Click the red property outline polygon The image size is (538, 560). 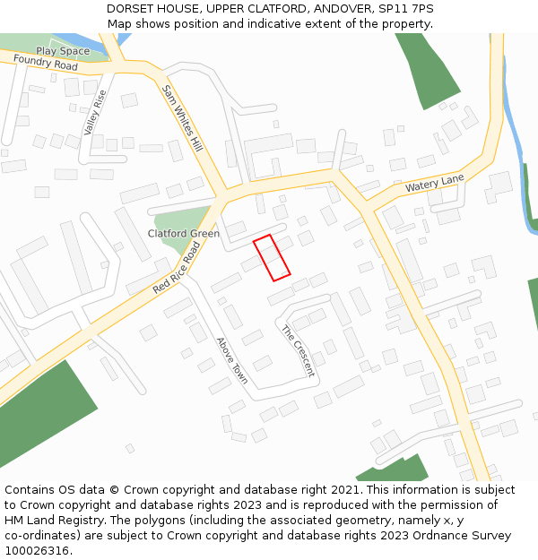click(272, 258)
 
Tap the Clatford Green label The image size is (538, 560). click(183, 234)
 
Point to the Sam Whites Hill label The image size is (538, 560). click(183, 117)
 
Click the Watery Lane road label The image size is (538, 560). click(434, 185)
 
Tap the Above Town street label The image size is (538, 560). click(232, 361)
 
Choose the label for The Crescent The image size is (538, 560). click(299, 350)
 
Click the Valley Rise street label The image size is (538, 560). click(95, 112)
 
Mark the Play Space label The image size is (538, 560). click(63, 51)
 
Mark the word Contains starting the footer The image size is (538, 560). click(31, 490)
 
